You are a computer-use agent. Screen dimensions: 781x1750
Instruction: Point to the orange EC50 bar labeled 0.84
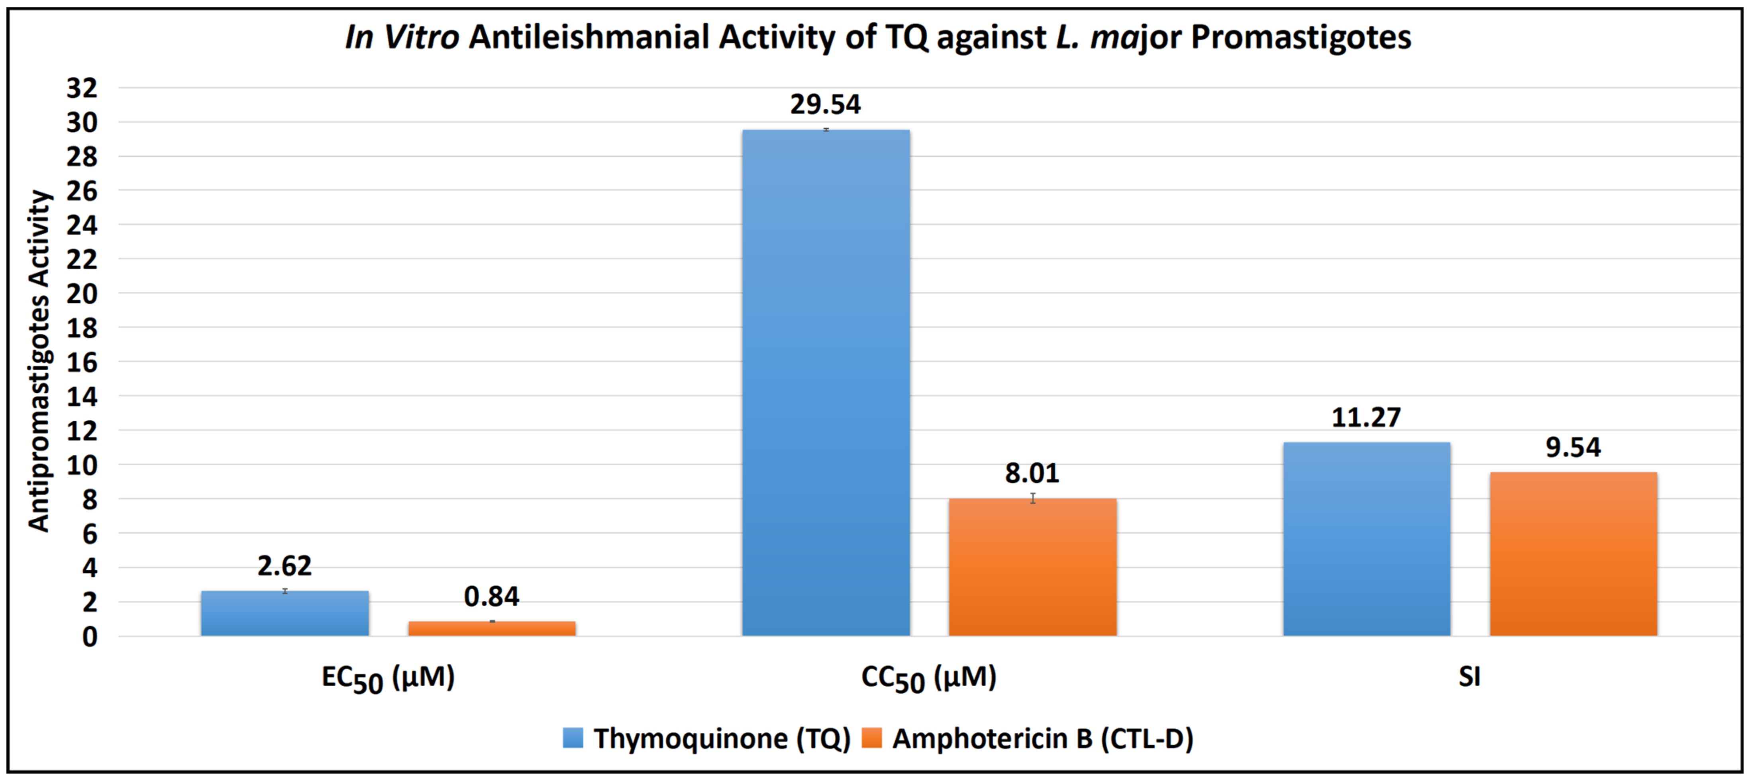coord(491,628)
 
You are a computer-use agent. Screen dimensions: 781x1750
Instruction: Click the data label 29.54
coord(826,104)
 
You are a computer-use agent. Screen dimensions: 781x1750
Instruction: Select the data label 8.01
coord(1032,473)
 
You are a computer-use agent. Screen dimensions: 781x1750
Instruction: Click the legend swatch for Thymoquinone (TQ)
coord(573,738)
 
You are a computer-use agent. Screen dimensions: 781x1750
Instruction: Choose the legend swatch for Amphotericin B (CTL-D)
coord(871,738)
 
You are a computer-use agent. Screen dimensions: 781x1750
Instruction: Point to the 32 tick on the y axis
coord(82,88)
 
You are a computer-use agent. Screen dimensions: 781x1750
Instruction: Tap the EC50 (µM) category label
coord(388,678)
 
